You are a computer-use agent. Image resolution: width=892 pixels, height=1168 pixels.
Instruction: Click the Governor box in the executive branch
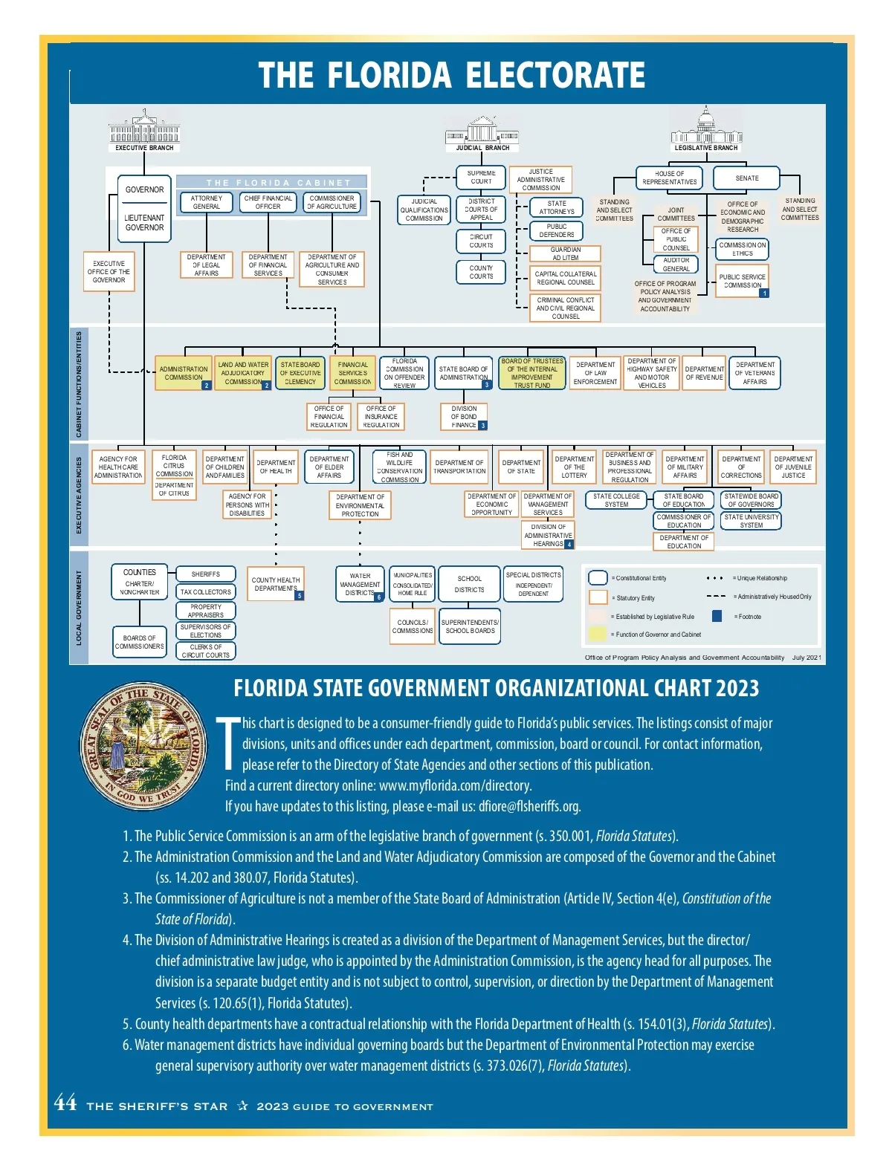[144, 190]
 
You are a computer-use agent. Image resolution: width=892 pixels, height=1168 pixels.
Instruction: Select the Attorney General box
[207, 202]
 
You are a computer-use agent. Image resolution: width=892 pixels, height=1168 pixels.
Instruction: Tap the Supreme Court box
[481, 177]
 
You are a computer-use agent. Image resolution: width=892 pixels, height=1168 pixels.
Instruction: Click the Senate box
[746, 178]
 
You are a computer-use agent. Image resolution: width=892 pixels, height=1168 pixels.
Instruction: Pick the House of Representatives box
[670, 178]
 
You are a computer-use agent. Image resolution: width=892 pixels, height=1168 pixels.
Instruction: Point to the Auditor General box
[676, 265]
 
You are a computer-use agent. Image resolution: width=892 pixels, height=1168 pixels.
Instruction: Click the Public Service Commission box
[742, 281]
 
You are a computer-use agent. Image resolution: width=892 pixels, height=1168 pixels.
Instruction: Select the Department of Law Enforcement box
[595, 373]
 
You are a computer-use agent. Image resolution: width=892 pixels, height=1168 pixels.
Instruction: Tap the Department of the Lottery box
[574, 467]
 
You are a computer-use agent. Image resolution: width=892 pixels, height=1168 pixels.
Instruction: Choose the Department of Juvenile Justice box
[793, 467]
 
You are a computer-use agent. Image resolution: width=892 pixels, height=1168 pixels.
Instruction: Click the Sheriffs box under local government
[206, 574]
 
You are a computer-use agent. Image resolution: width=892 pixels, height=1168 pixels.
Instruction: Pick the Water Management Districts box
[360, 584]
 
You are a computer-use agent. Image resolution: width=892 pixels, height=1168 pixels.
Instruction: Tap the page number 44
[65, 1103]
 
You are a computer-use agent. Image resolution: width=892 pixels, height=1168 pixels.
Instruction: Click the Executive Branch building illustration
[144, 127]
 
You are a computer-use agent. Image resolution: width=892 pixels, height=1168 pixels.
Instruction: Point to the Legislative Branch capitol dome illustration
[705, 124]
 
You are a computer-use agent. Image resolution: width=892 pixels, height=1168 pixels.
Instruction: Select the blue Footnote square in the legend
[717, 616]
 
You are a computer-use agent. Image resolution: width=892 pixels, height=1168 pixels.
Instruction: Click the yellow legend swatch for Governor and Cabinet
[598, 634]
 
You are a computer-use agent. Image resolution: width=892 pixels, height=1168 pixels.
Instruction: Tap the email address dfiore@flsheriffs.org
[529, 806]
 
